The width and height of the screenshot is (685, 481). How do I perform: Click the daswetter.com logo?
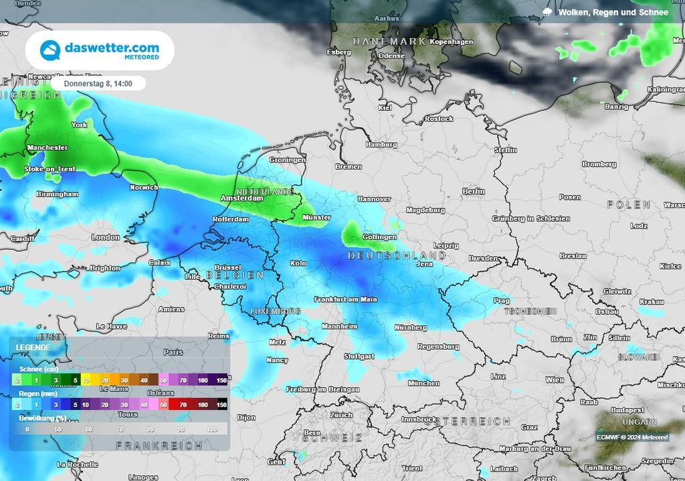click(x=100, y=50)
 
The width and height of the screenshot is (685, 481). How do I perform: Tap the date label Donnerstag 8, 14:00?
click(x=98, y=84)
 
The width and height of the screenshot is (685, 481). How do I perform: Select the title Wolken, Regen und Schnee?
click(x=612, y=12)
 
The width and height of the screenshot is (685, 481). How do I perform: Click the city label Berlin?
click(x=473, y=192)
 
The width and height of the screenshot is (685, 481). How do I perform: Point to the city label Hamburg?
click(x=381, y=144)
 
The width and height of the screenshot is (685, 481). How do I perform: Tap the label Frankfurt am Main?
click(x=345, y=299)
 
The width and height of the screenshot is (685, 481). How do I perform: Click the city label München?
click(x=423, y=383)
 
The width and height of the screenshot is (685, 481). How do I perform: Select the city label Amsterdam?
click(x=241, y=198)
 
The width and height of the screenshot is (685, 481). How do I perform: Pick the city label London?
click(x=105, y=237)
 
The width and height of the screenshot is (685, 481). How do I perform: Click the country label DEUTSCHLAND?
click(x=396, y=256)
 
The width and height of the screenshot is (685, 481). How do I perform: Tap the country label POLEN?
click(x=628, y=204)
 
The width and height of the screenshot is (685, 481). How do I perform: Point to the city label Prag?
click(x=502, y=301)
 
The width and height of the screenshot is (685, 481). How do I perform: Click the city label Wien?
click(x=555, y=379)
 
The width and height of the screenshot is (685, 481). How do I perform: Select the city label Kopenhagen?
click(x=452, y=42)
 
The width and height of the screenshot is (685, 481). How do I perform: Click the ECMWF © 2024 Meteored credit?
click(x=632, y=438)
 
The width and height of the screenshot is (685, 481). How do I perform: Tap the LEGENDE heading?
click(x=33, y=347)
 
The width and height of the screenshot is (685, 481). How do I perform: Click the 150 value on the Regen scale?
click(x=221, y=405)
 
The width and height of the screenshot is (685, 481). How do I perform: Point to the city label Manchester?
click(x=47, y=148)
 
